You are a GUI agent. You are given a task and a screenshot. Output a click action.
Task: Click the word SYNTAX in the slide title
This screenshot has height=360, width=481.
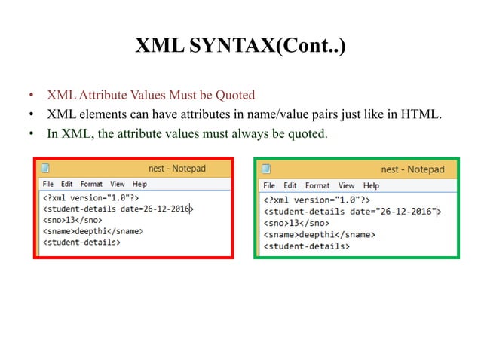226,49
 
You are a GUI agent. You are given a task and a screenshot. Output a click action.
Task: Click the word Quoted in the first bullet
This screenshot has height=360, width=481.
234,96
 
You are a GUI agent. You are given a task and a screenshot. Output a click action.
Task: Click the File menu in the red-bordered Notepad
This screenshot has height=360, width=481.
48,184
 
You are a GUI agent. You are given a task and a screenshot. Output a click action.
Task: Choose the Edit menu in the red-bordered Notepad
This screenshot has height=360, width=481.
67,184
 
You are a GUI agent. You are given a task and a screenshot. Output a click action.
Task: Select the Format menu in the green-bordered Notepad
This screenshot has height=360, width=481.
317,185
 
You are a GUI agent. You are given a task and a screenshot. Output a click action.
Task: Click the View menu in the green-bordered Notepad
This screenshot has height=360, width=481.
346,185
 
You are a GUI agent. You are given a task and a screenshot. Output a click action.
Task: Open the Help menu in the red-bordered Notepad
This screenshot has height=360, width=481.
139,184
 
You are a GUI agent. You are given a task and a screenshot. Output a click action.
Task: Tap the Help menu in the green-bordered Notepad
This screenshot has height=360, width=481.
371,185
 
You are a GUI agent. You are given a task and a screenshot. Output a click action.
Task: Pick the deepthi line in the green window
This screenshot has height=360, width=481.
317,235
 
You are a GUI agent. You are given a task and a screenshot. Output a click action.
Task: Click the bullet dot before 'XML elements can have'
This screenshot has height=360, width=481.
31,115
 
